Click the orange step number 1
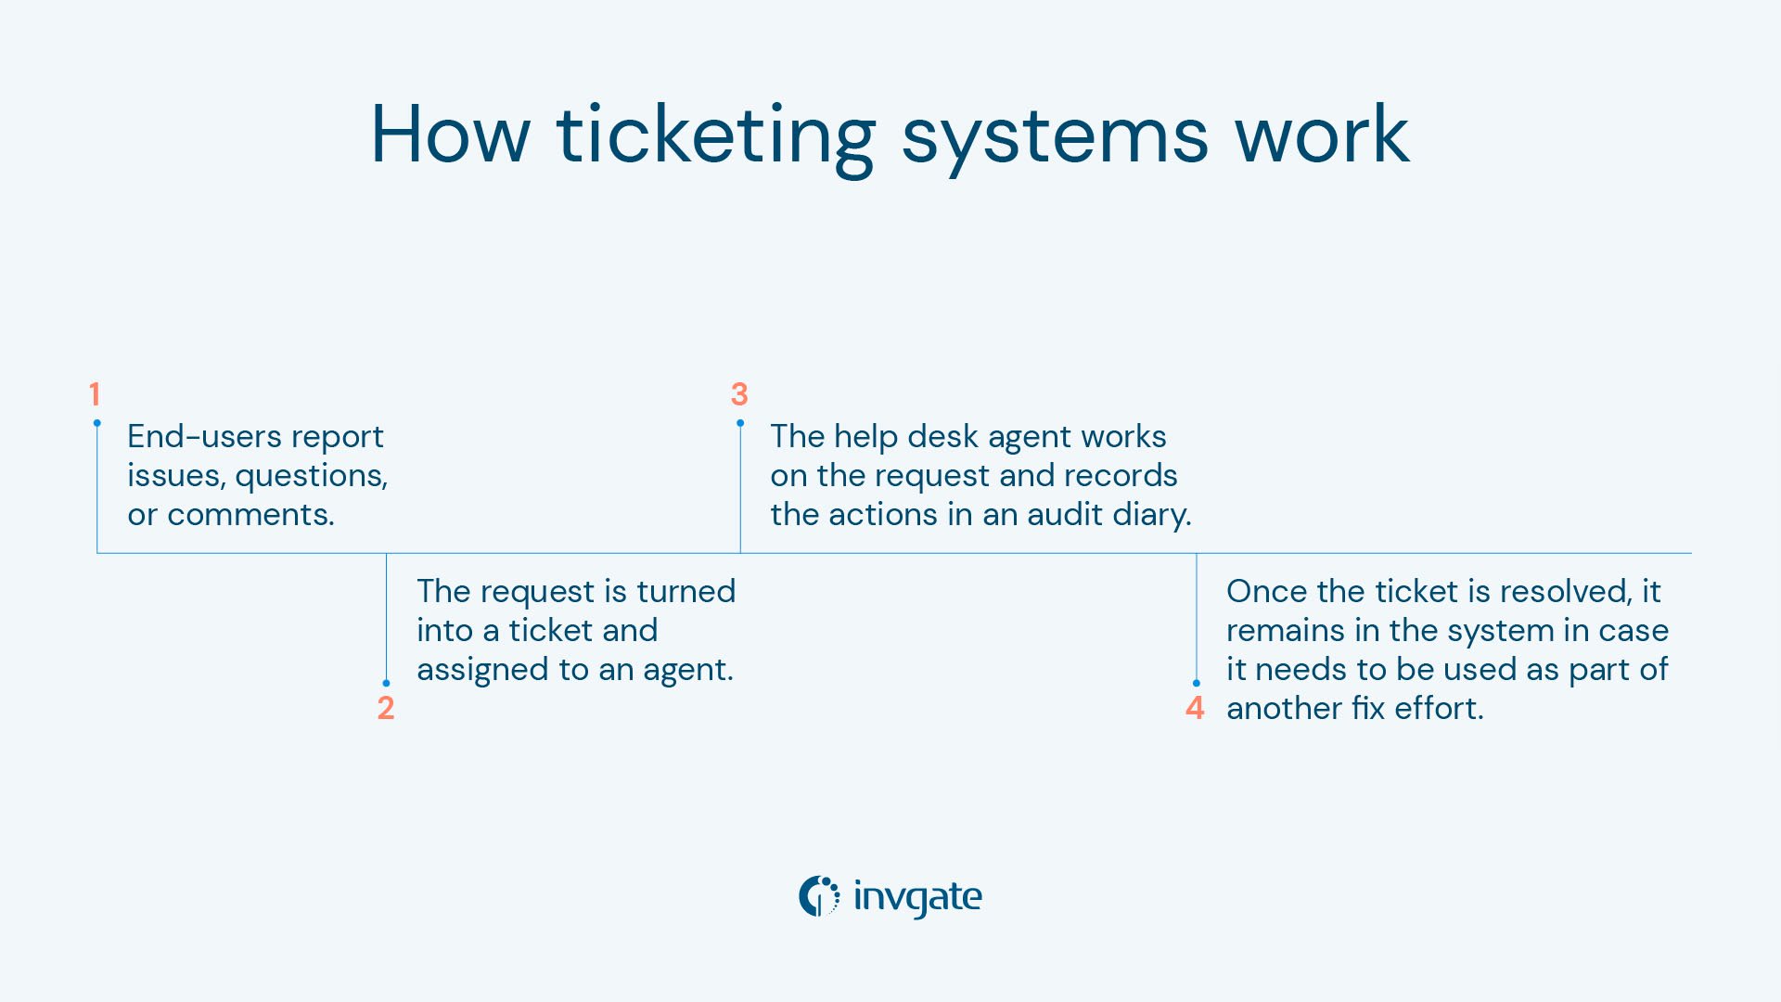pos(95,394)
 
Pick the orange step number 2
pos(386,708)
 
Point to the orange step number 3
pos(739,394)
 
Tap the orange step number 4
pos(1195,708)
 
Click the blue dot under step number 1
pos(96,423)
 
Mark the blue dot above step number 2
pos(386,684)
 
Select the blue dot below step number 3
pos(740,423)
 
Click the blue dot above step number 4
pos(1196,684)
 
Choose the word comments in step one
pos(250,514)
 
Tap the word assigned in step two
pos(482,670)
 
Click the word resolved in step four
pos(1566,591)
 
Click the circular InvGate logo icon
pos(819,896)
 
